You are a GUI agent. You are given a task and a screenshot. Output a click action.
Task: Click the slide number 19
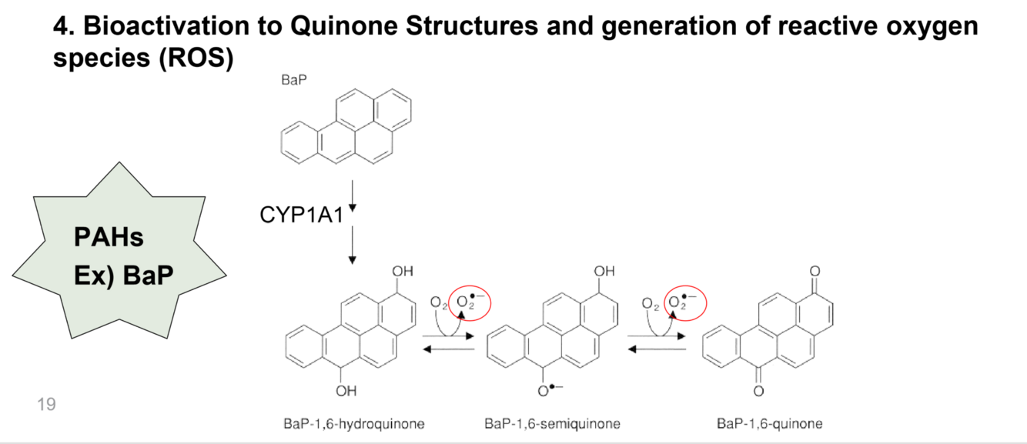[x=46, y=403]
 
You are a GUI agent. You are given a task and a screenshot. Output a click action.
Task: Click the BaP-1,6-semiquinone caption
[x=552, y=424]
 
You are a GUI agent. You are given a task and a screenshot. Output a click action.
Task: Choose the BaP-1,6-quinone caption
[x=769, y=424]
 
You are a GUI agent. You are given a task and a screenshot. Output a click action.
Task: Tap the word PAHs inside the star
[x=109, y=238]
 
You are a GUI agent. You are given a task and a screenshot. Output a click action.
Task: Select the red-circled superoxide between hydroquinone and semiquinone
[x=469, y=302]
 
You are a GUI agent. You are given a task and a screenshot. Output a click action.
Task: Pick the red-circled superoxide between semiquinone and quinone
[x=684, y=302]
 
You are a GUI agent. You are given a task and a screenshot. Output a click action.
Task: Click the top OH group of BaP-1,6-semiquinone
[x=605, y=272]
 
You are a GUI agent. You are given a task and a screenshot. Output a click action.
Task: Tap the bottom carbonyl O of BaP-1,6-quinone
[x=759, y=392]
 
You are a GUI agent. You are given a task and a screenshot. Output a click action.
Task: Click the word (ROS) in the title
[x=196, y=58]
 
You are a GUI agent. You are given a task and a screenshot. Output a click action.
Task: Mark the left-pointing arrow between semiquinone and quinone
[x=657, y=349]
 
